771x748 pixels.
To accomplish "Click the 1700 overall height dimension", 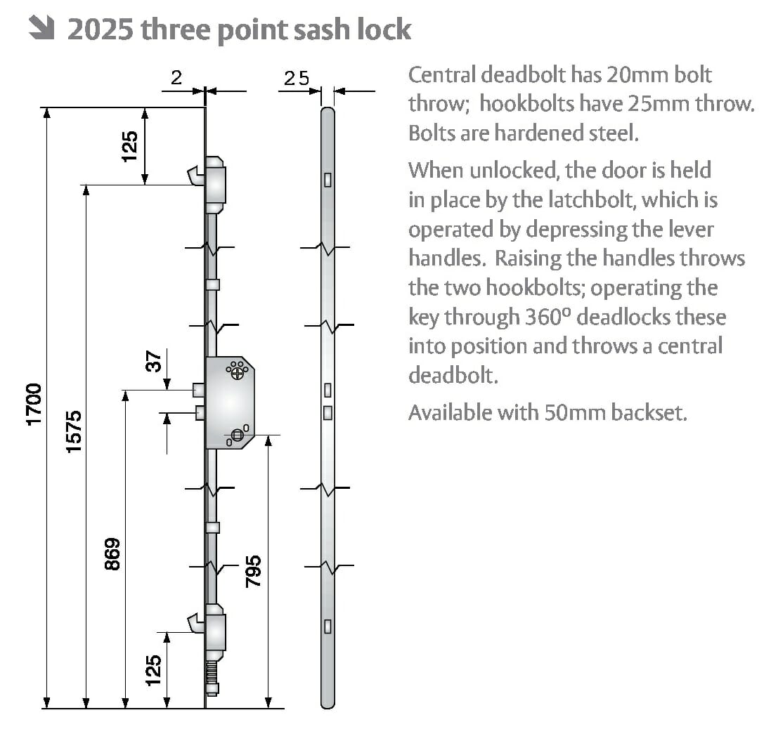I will tap(34, 404).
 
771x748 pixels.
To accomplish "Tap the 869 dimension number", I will tap(113, 553).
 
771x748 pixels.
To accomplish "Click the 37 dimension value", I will tap(154, 362).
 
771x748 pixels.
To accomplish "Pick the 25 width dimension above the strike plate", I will tap(296, 79).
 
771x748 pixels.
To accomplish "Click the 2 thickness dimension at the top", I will tap(176, 79).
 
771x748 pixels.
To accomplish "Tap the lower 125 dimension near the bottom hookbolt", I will tap(153, 670).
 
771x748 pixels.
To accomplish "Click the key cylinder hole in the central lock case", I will tap(237, 435).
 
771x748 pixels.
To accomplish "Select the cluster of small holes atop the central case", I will tap(237, 369).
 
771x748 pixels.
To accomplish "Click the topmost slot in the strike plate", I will tap(327, 180).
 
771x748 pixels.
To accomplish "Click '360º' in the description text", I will tap(548, 317).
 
